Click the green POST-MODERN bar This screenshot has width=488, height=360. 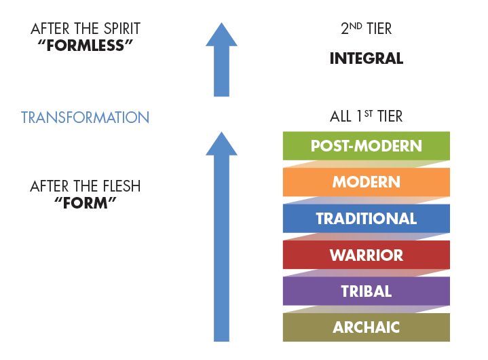coord(366,145)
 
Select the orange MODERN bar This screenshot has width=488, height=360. coord(366,182)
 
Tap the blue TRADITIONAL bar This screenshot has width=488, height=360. coord(366,218)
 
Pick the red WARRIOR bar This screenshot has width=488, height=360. coord(366,255)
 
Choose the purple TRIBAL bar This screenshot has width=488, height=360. coord(366,291)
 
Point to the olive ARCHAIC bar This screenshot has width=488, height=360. coord(366,327)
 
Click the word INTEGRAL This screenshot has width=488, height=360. coord(366,59)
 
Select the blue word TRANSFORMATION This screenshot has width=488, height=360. coord(85,118)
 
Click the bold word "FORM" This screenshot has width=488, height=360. coord(85,204)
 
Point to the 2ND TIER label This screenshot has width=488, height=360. coord(366,29)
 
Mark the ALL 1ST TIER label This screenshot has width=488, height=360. coord(366,116)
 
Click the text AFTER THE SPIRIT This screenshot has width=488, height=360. coord(85,29)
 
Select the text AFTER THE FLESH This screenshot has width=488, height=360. coord(85,185)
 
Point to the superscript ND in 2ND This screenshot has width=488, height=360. coord(354,26)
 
